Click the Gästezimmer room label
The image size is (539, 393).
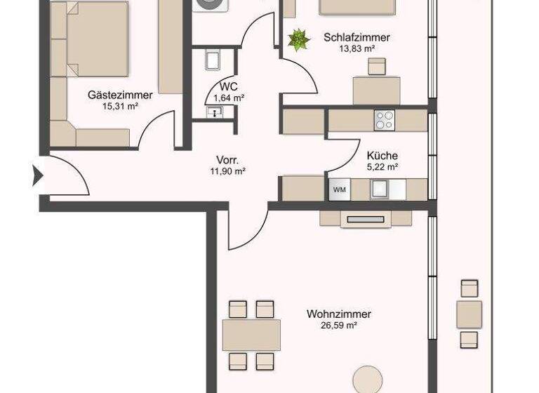tap(121, 95)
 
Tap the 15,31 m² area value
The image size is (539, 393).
tap(119, 107)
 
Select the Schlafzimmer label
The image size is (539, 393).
tap(357, 37)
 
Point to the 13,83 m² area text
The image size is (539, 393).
tap(357, 48)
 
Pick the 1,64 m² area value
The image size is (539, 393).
tap(229, 98)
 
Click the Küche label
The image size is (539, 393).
tap(382, 156)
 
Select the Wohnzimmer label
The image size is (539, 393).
tap(338, 314)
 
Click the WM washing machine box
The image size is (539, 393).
tap(339, 189)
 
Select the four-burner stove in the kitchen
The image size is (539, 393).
tap(384, 120)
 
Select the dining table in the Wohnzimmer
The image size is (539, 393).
tap(251, 335)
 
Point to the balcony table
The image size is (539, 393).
tap(469, 314)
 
